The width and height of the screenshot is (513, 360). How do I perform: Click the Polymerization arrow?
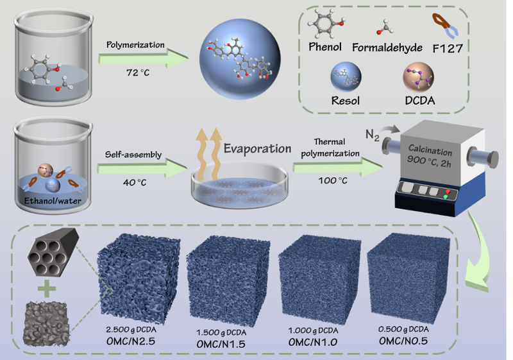(143, 58)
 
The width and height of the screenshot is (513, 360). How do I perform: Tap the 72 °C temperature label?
(138, 73)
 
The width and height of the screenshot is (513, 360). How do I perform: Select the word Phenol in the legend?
(325, 47)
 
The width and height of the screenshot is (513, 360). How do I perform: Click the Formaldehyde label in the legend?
(387, 47)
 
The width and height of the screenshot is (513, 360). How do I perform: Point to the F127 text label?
(448, 49)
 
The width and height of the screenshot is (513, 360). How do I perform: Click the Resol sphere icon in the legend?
(346, 77)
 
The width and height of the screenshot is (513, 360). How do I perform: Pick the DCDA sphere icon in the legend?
(419, 77)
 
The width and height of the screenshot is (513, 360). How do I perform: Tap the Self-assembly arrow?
(142, 168)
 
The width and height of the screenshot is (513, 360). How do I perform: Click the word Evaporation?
(258, 149)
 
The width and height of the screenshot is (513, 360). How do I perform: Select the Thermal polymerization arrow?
(338, 167)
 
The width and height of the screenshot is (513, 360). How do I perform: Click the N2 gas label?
(373, 135)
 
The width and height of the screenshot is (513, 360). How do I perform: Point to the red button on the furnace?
(448, 191)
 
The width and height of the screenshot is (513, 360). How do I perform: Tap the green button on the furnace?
(445, 197)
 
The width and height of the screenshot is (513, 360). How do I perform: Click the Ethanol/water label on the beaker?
(53, 201)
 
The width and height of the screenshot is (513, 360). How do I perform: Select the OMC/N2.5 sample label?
(131, 341)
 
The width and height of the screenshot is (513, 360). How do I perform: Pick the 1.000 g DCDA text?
(313, 330)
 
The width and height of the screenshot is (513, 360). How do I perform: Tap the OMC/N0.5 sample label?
(403, 341)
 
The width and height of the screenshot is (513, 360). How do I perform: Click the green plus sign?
(47, 288)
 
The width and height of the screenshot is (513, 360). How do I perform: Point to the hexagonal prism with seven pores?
(53, 252)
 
